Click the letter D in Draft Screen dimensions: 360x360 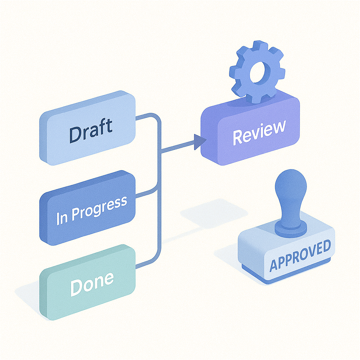(75, 135)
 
